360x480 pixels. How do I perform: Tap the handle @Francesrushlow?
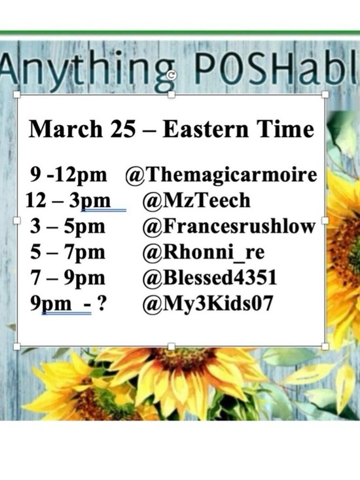(x=228, y=227)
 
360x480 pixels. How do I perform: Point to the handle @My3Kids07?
(x=200, y=304)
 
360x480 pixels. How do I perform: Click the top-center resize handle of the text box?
(x=171, y=96)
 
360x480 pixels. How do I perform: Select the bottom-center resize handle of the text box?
(x=171, y=346)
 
